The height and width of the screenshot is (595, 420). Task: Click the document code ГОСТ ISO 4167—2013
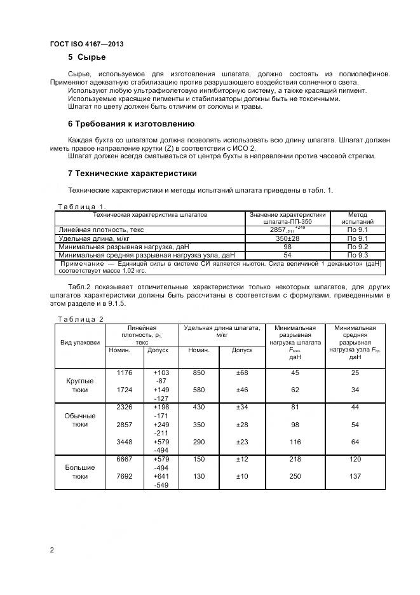click(x=86, y=44)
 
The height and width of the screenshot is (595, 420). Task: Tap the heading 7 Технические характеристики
click(x=132, y=173)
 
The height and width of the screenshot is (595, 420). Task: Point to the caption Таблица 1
click(x=81, y=206)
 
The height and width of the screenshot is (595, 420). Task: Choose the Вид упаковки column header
click(x=80, y=341)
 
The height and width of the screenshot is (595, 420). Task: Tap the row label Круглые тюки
click(x=80, y=385)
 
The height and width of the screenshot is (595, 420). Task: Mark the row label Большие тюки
click(x=80, y=471)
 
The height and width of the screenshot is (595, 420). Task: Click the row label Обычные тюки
click(x=80, y=420)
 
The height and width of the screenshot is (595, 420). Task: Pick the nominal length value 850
click(x=199, y=373)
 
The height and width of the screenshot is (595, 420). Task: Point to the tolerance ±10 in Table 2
click(x=242, y=477)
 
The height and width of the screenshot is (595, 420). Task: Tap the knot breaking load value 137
click(x=355, y=477)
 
